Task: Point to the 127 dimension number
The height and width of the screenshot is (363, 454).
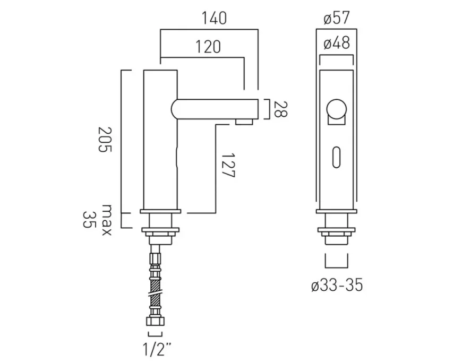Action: point(228,166)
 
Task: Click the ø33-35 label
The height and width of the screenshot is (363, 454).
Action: point(337,286)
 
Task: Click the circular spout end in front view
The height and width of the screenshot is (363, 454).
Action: point(337,110)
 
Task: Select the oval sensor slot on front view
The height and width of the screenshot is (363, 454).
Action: point(337,156)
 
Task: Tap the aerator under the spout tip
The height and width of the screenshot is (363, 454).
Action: point(244,123)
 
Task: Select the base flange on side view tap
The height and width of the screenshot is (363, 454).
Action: point(160,212)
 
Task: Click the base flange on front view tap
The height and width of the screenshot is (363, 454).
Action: point(337,212)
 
